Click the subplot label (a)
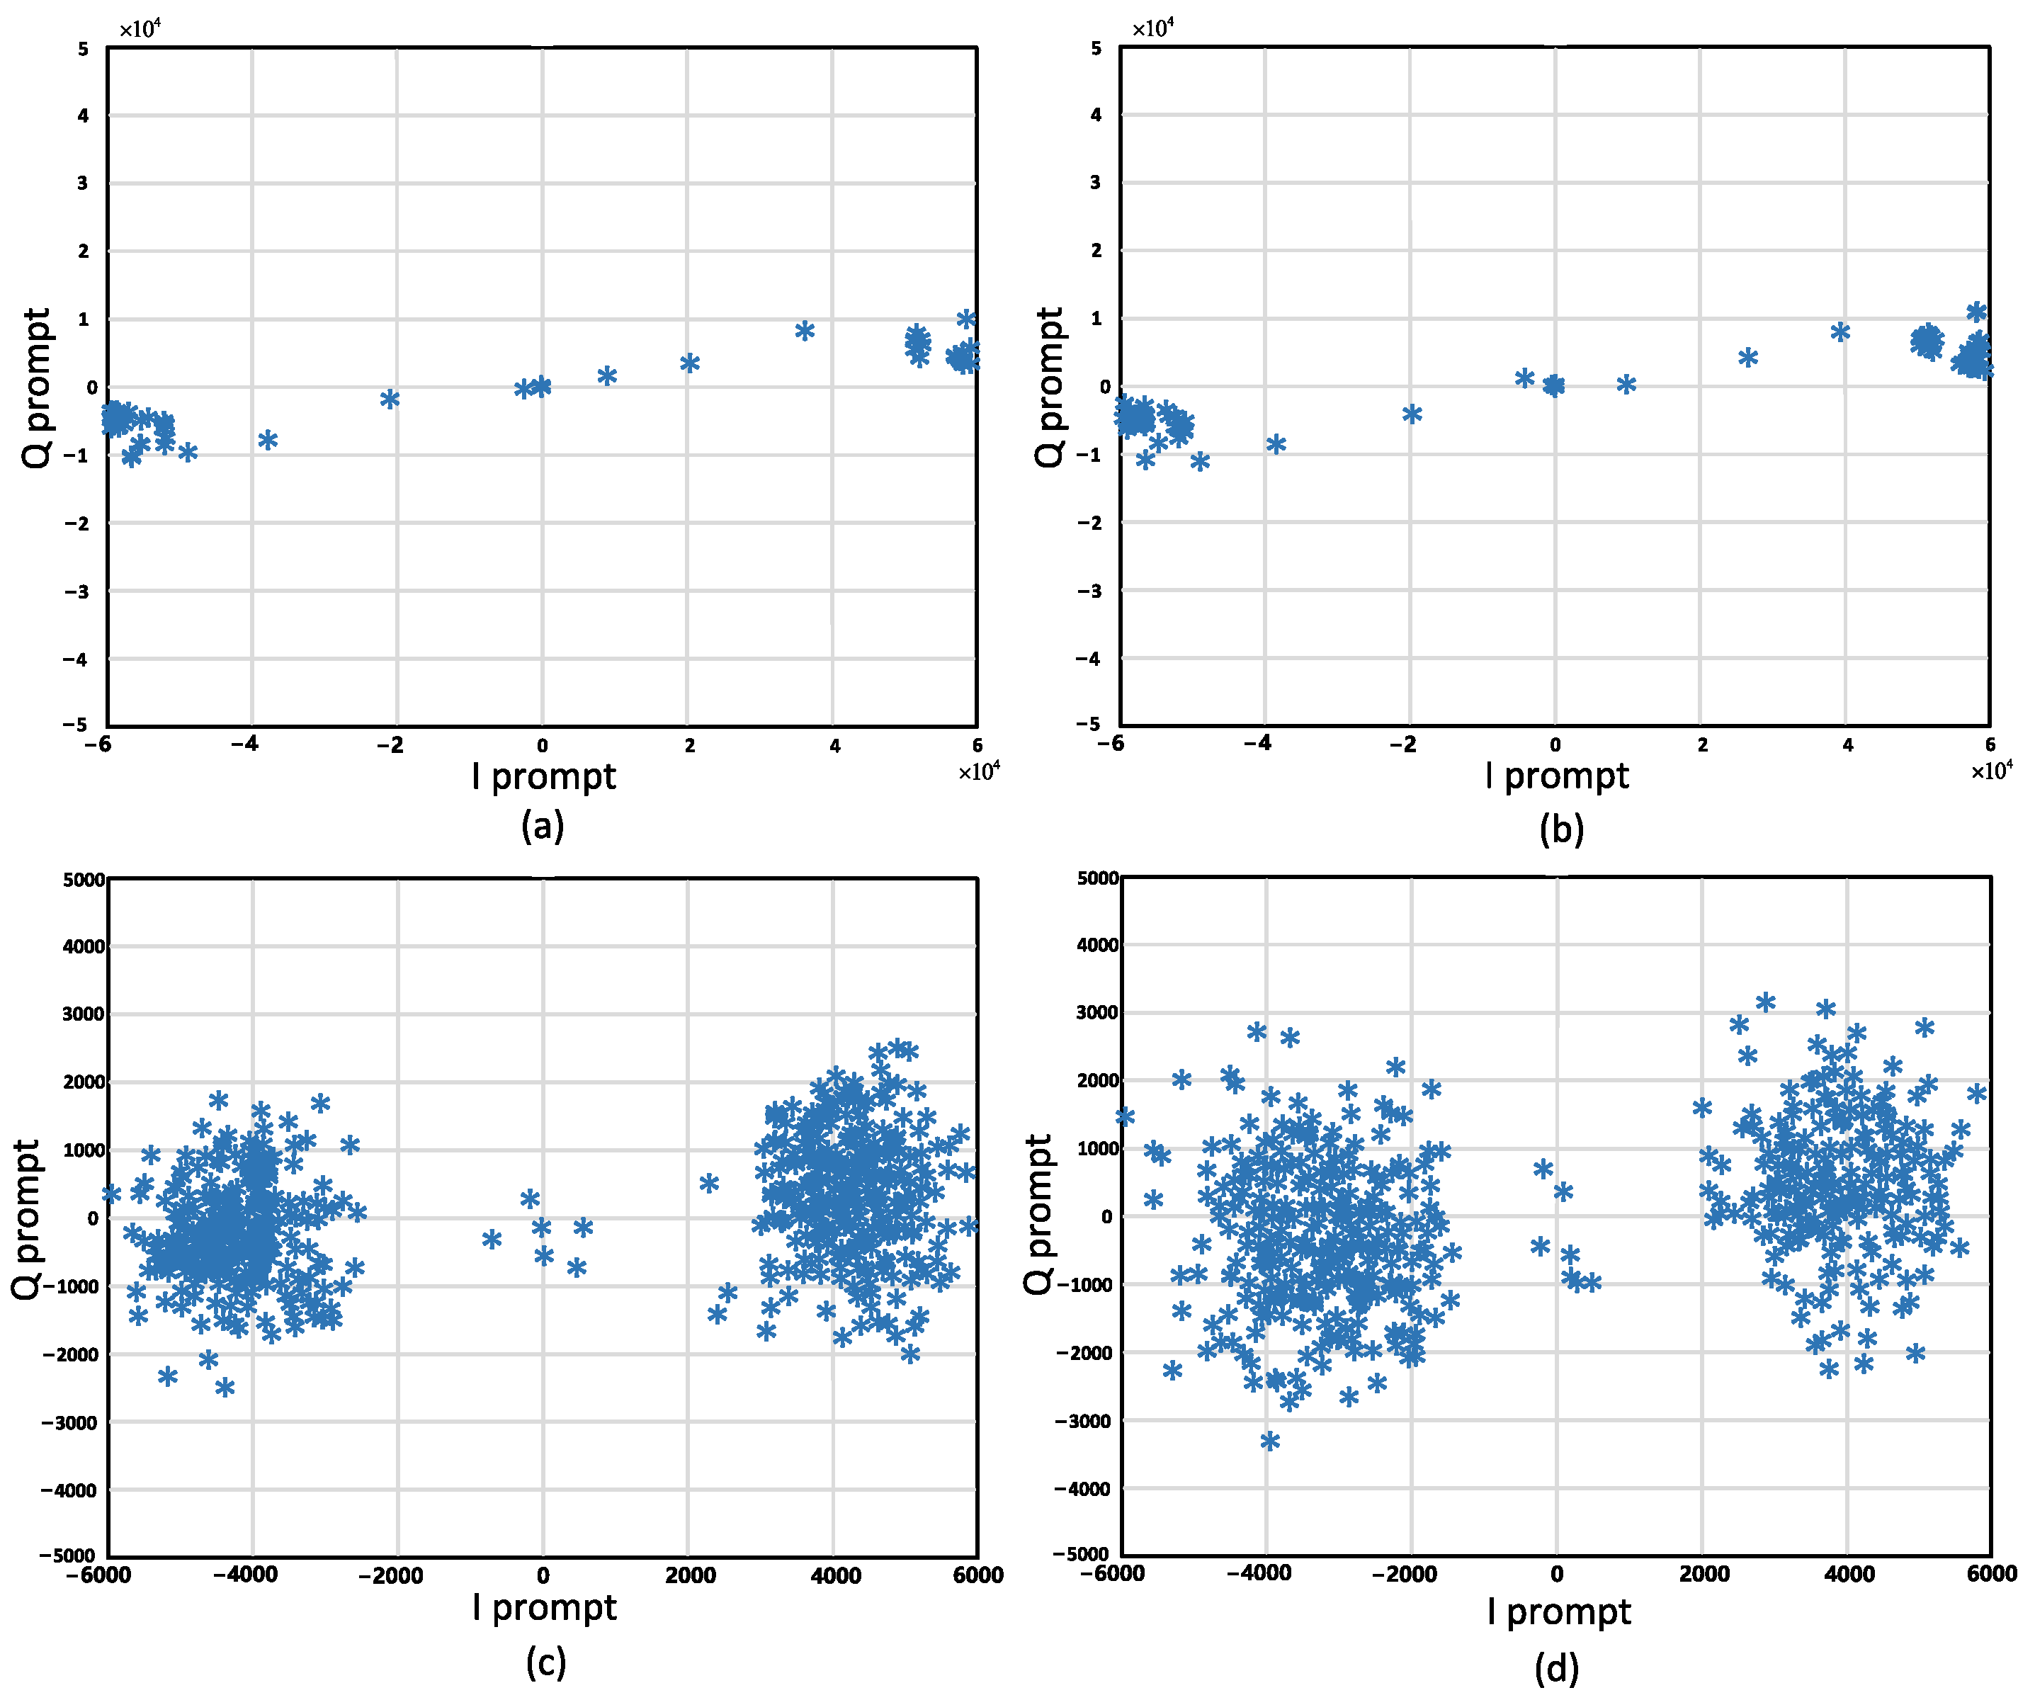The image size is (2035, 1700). pos(542,827)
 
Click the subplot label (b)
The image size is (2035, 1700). pos(1561,829)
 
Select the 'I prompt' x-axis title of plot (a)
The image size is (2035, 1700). pos(544,776)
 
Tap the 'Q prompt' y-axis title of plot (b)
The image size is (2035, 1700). pos(1050,387)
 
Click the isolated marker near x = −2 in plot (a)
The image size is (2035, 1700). pos(390,398)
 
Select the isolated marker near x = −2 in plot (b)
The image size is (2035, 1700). pos(1412,414)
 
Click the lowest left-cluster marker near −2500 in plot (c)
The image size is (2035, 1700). pos(225,1387)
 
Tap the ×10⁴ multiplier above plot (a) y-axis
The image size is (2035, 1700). pos(140,28)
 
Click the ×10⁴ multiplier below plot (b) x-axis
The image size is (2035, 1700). pos(1991,771)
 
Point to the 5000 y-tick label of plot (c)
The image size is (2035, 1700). pos(84,880)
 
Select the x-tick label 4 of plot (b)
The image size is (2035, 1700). pos(1848,744)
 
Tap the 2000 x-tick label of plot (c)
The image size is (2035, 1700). pos(690,1575)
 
